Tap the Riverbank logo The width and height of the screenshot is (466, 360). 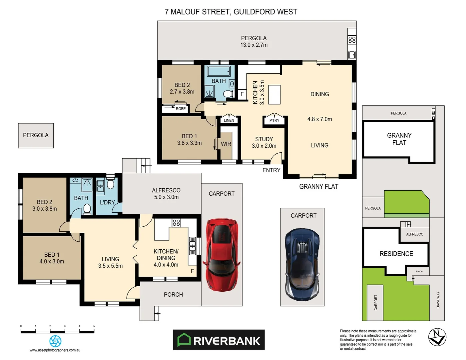click(219, 340)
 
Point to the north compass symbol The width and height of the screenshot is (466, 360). click(437, 337)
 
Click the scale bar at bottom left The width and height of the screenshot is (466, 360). click(57, 331)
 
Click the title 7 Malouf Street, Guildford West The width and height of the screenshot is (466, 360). click(231, 12)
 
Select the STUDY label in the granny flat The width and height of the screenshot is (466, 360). click(264, 139)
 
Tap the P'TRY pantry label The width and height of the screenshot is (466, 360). click(274, 120)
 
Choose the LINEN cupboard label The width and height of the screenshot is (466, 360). click(229, 120)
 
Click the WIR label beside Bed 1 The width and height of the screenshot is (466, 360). click(226, 144)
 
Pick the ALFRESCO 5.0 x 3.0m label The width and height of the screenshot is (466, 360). click(166, 194)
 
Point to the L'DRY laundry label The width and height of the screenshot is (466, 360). click(107, 202)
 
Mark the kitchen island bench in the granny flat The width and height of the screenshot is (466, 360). click(274, 95)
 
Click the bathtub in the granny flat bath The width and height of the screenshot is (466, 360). click(219, 71)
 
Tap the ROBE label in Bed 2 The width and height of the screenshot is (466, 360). click(181, 109)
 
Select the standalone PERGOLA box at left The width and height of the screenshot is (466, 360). click(36, 135)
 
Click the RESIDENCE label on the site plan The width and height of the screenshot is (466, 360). click(396, 254)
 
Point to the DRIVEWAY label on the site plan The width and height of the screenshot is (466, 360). click(438, 300)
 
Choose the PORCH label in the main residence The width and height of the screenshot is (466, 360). click(173, 295)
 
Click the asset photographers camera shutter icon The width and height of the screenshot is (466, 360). click(55, 341)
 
